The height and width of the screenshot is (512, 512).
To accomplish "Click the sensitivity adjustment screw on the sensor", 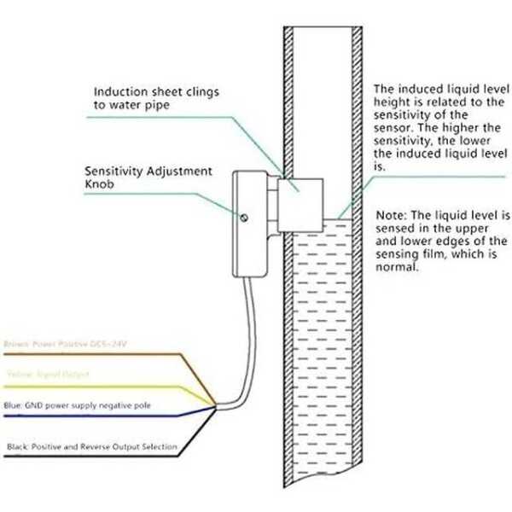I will click(x=244, y=219).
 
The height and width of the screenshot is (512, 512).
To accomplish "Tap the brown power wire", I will click(x=102, y=354).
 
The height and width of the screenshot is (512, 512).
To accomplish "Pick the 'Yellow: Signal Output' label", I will click(x=46, y=374).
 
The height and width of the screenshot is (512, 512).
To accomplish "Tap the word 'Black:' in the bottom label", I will click(x=19, y=446).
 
